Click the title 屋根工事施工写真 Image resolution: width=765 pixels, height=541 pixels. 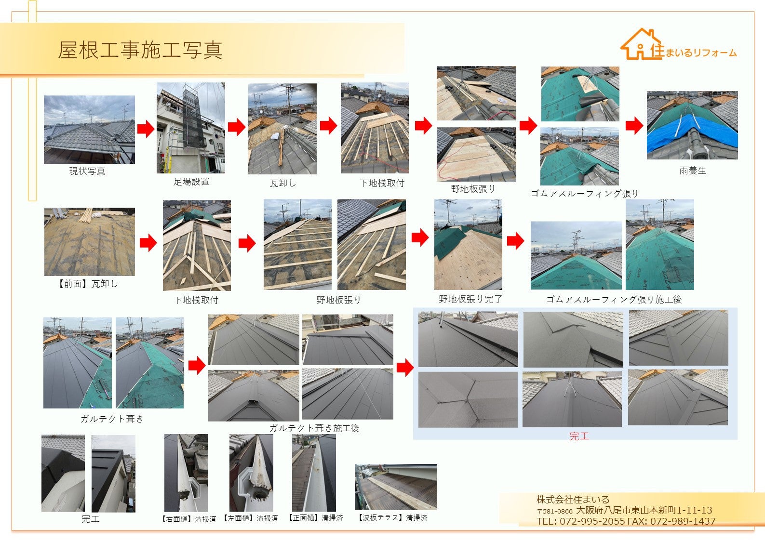point(140,50)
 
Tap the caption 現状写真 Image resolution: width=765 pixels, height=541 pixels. point(87,171)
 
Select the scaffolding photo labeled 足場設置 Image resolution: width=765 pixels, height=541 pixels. point(190,128)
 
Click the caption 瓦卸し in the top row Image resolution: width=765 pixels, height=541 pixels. point(283,183)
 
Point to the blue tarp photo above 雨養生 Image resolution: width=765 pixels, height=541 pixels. point(692,125)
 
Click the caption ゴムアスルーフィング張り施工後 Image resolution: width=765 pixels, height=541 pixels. point(614,299)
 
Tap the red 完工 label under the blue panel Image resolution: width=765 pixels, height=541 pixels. point(579,436)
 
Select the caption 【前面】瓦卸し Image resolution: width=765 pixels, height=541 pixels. point(88,284)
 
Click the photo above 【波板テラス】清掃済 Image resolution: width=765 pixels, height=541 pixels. point(395,487)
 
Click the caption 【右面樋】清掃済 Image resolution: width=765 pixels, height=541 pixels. point(188,519)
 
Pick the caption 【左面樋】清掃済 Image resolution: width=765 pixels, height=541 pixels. point(250,518)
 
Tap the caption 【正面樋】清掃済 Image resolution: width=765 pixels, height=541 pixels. point(315,517)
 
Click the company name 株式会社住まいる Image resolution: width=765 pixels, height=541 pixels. point(573,500)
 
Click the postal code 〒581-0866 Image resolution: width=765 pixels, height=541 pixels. point(555,511)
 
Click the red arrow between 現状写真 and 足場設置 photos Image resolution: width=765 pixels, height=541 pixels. point(146,129)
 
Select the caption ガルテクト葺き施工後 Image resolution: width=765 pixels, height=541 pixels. point(314,428)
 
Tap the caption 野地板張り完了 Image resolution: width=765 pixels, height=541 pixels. point(470,299)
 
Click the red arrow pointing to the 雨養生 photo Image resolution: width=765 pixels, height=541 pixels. point(634,125)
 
